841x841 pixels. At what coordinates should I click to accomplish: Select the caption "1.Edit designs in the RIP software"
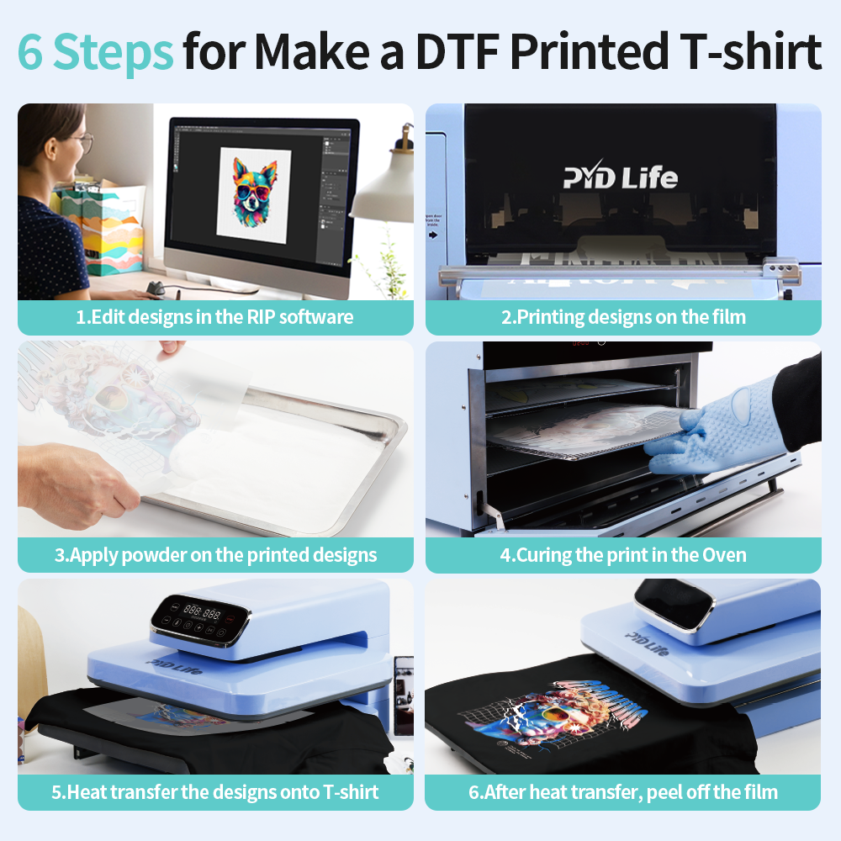[x=214, y=317]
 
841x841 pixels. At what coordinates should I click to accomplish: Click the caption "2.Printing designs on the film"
[x=623, y=317]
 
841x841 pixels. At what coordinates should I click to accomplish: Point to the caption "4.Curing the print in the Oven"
[x=623, y=555]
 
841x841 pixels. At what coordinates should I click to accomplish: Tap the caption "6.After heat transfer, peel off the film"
[x=623, y=792]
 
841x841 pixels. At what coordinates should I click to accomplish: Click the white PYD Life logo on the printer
[x=620, y=177]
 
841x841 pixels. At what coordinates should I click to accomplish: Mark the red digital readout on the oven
[x=579, y=344]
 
